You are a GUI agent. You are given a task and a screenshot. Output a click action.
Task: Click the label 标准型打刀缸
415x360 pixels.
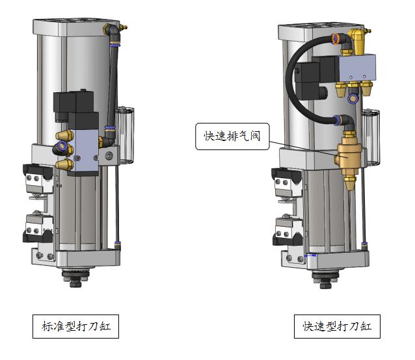point(75,326)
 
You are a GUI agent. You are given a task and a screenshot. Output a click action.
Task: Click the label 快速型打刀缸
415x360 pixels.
point(337,326)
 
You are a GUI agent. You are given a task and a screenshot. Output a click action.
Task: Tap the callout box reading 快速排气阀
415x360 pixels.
point(232,136)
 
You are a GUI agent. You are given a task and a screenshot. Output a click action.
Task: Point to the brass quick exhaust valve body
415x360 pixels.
point(349,157)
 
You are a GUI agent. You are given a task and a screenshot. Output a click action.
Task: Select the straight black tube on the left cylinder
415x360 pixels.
point(113,87)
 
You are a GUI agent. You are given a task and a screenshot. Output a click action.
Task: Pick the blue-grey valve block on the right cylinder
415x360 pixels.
point(357,68)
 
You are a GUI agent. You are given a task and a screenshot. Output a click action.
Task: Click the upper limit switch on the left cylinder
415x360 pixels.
point(38,179)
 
